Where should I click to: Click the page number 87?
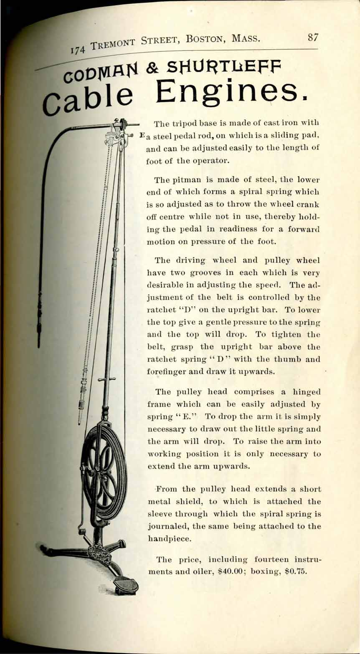(313, 37)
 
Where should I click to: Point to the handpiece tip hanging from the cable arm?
(39, 334)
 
